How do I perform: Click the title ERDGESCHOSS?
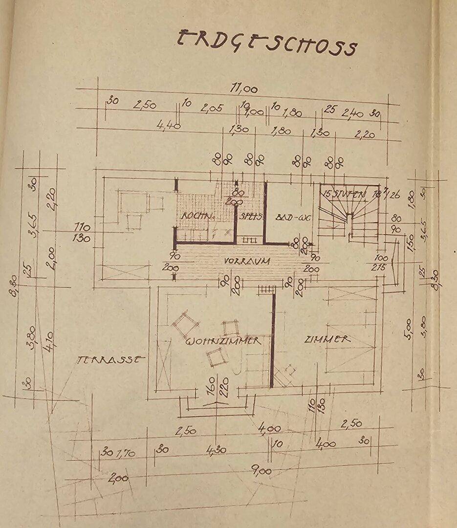click(x=266, y=43)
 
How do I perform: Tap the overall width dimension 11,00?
click(x=244, y=89)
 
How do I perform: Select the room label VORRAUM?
click(x=247, y=262)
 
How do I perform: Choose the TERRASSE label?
click(x=111, y=359)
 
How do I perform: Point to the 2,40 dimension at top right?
click(x=352, y=114)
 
